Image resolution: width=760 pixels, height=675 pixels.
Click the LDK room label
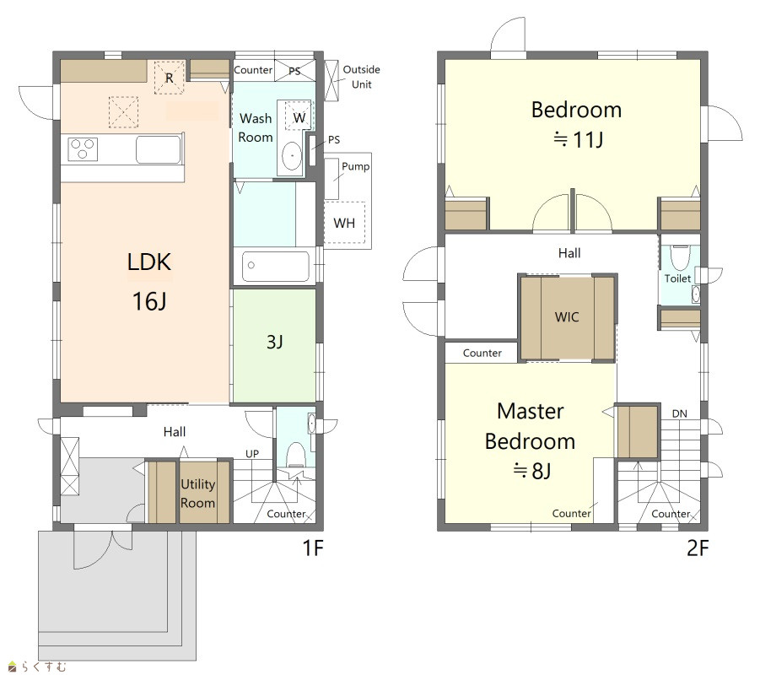tap(148, 262)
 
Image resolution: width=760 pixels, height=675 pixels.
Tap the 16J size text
tap(149, 301)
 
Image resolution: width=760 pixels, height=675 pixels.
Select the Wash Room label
tap(256, 128)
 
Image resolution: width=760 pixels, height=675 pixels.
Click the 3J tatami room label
tap(274, 342)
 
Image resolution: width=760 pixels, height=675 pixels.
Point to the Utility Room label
tap(197, 493)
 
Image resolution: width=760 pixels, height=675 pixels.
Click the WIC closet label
tap(567, 317)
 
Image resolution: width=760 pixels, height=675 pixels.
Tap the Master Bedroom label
tap(531, 426)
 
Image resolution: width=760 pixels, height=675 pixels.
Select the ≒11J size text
tap(578, 140)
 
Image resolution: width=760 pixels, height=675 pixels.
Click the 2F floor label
tap(698, 548)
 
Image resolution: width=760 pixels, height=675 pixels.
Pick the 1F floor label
tap(313, 548)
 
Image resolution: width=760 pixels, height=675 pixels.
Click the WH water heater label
tap(344, 223)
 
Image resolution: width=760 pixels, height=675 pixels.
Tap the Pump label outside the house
tap(355, 166)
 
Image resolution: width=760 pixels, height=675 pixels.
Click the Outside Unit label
tap(361, 77)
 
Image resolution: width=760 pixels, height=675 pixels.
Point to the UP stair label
tap(252, 454)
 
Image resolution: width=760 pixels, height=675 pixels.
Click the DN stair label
tap(680, 413)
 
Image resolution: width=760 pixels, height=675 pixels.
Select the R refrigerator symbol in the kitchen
tap(170, 78)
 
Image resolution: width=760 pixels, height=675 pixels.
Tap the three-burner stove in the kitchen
tap(83, 148)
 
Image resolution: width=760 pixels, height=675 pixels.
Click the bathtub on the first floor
tap(275, 266)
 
